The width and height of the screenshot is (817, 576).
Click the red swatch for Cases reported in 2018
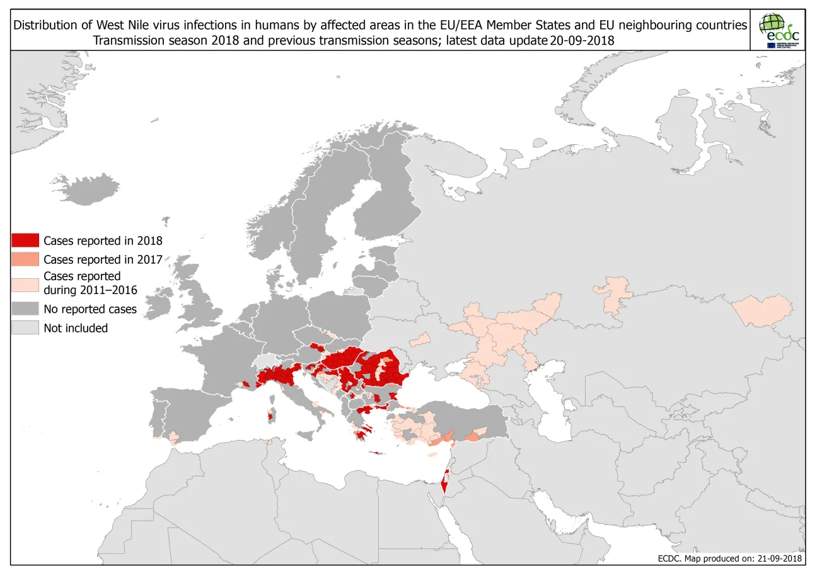[25, 240]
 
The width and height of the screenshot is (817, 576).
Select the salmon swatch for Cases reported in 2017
[25, 259]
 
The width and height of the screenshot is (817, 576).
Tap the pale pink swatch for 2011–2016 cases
[25, 283]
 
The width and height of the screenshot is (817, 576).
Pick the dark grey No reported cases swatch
[25, 309]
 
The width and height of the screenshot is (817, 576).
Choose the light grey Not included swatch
[25, 328]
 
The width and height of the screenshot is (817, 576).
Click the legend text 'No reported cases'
[90, 309]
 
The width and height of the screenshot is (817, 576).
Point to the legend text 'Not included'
[76, 328]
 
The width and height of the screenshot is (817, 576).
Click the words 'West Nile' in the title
[121, 25]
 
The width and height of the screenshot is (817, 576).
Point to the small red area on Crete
[379, 453]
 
